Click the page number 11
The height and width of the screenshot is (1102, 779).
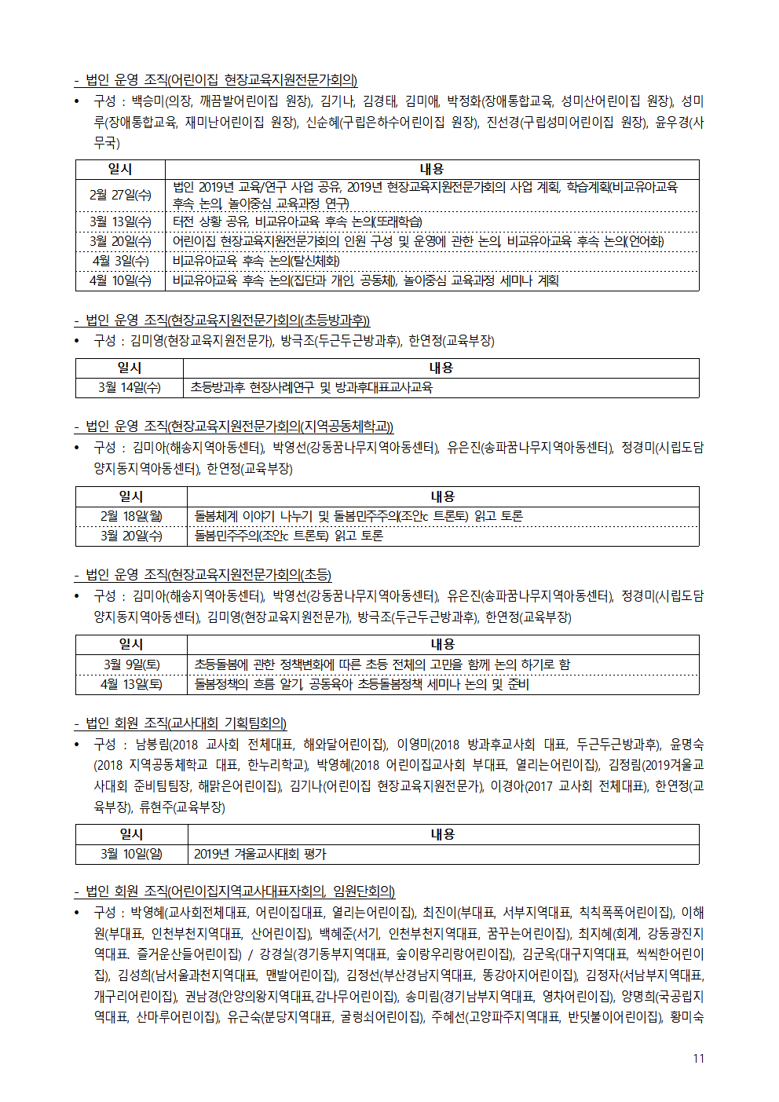[698, 1058]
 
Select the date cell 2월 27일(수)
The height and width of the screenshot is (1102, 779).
[120, 195]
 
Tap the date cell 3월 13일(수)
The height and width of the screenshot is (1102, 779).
[120, 221]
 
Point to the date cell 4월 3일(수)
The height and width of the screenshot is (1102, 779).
[120, 261]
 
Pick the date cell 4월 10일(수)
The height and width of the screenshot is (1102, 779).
[120, 280]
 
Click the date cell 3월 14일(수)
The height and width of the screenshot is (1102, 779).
[130, 387]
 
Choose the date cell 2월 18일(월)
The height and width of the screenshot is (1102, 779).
[131, 516]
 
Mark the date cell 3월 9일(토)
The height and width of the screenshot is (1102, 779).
[131, 664]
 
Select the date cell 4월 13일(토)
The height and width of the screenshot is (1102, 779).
[131, 684]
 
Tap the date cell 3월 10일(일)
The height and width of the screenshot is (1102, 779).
[131, 854]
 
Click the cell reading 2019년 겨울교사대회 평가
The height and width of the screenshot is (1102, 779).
[260, 854]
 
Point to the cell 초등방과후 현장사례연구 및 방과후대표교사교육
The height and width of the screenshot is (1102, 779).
[311, 387]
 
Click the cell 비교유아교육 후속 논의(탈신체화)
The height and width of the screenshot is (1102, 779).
[256, 261]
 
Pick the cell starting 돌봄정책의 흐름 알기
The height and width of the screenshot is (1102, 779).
[361, 684]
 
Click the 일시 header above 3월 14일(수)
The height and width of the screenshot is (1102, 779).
[130, 368]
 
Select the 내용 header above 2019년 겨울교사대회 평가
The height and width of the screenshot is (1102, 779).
[442, 834]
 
